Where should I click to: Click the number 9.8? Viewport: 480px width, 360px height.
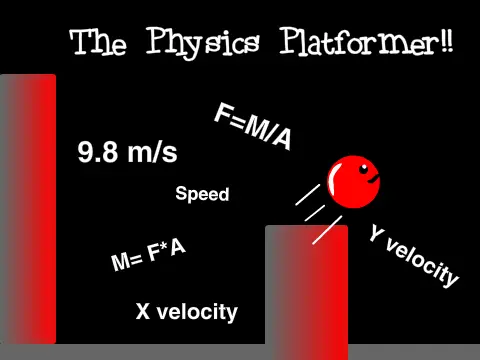[96, 153]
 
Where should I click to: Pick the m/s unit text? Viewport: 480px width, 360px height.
[153, 153]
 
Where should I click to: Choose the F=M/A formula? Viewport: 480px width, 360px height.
[253, 127]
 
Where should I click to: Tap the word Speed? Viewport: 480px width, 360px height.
[202, 194]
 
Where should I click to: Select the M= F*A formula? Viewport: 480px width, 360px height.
[149, 256]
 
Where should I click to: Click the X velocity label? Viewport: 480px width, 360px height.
[187, 312]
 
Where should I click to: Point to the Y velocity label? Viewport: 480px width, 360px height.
[413, 255]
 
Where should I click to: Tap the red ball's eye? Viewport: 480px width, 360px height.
[363, 166]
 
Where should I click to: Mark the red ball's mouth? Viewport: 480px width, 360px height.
[373, 182]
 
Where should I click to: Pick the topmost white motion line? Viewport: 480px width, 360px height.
[309, 194]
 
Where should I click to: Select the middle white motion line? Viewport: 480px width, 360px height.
[316, 212]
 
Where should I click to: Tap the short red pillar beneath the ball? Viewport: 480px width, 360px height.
[306, 290]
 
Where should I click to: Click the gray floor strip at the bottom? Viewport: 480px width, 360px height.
[240, 352]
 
